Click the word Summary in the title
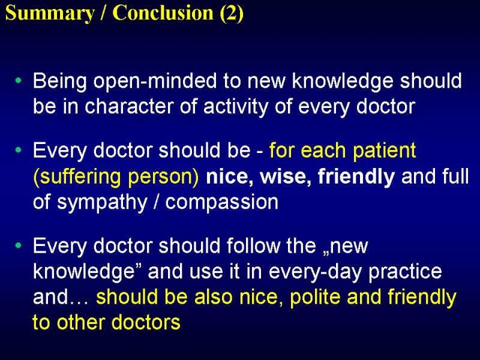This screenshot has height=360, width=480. [x=50, y=14]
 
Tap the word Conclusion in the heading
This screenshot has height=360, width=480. [x=163, y=13]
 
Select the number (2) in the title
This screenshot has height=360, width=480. [x=232, y=13]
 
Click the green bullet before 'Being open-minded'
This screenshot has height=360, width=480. [x=19, y=81]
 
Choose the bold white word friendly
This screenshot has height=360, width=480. [x=356, y=177]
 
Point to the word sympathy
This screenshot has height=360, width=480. [x=102, y=203]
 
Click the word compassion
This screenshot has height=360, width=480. [x=221, y=203]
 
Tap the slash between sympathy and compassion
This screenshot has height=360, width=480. [x=157, y=202]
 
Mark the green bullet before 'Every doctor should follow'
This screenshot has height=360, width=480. [x=19, y=245]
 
